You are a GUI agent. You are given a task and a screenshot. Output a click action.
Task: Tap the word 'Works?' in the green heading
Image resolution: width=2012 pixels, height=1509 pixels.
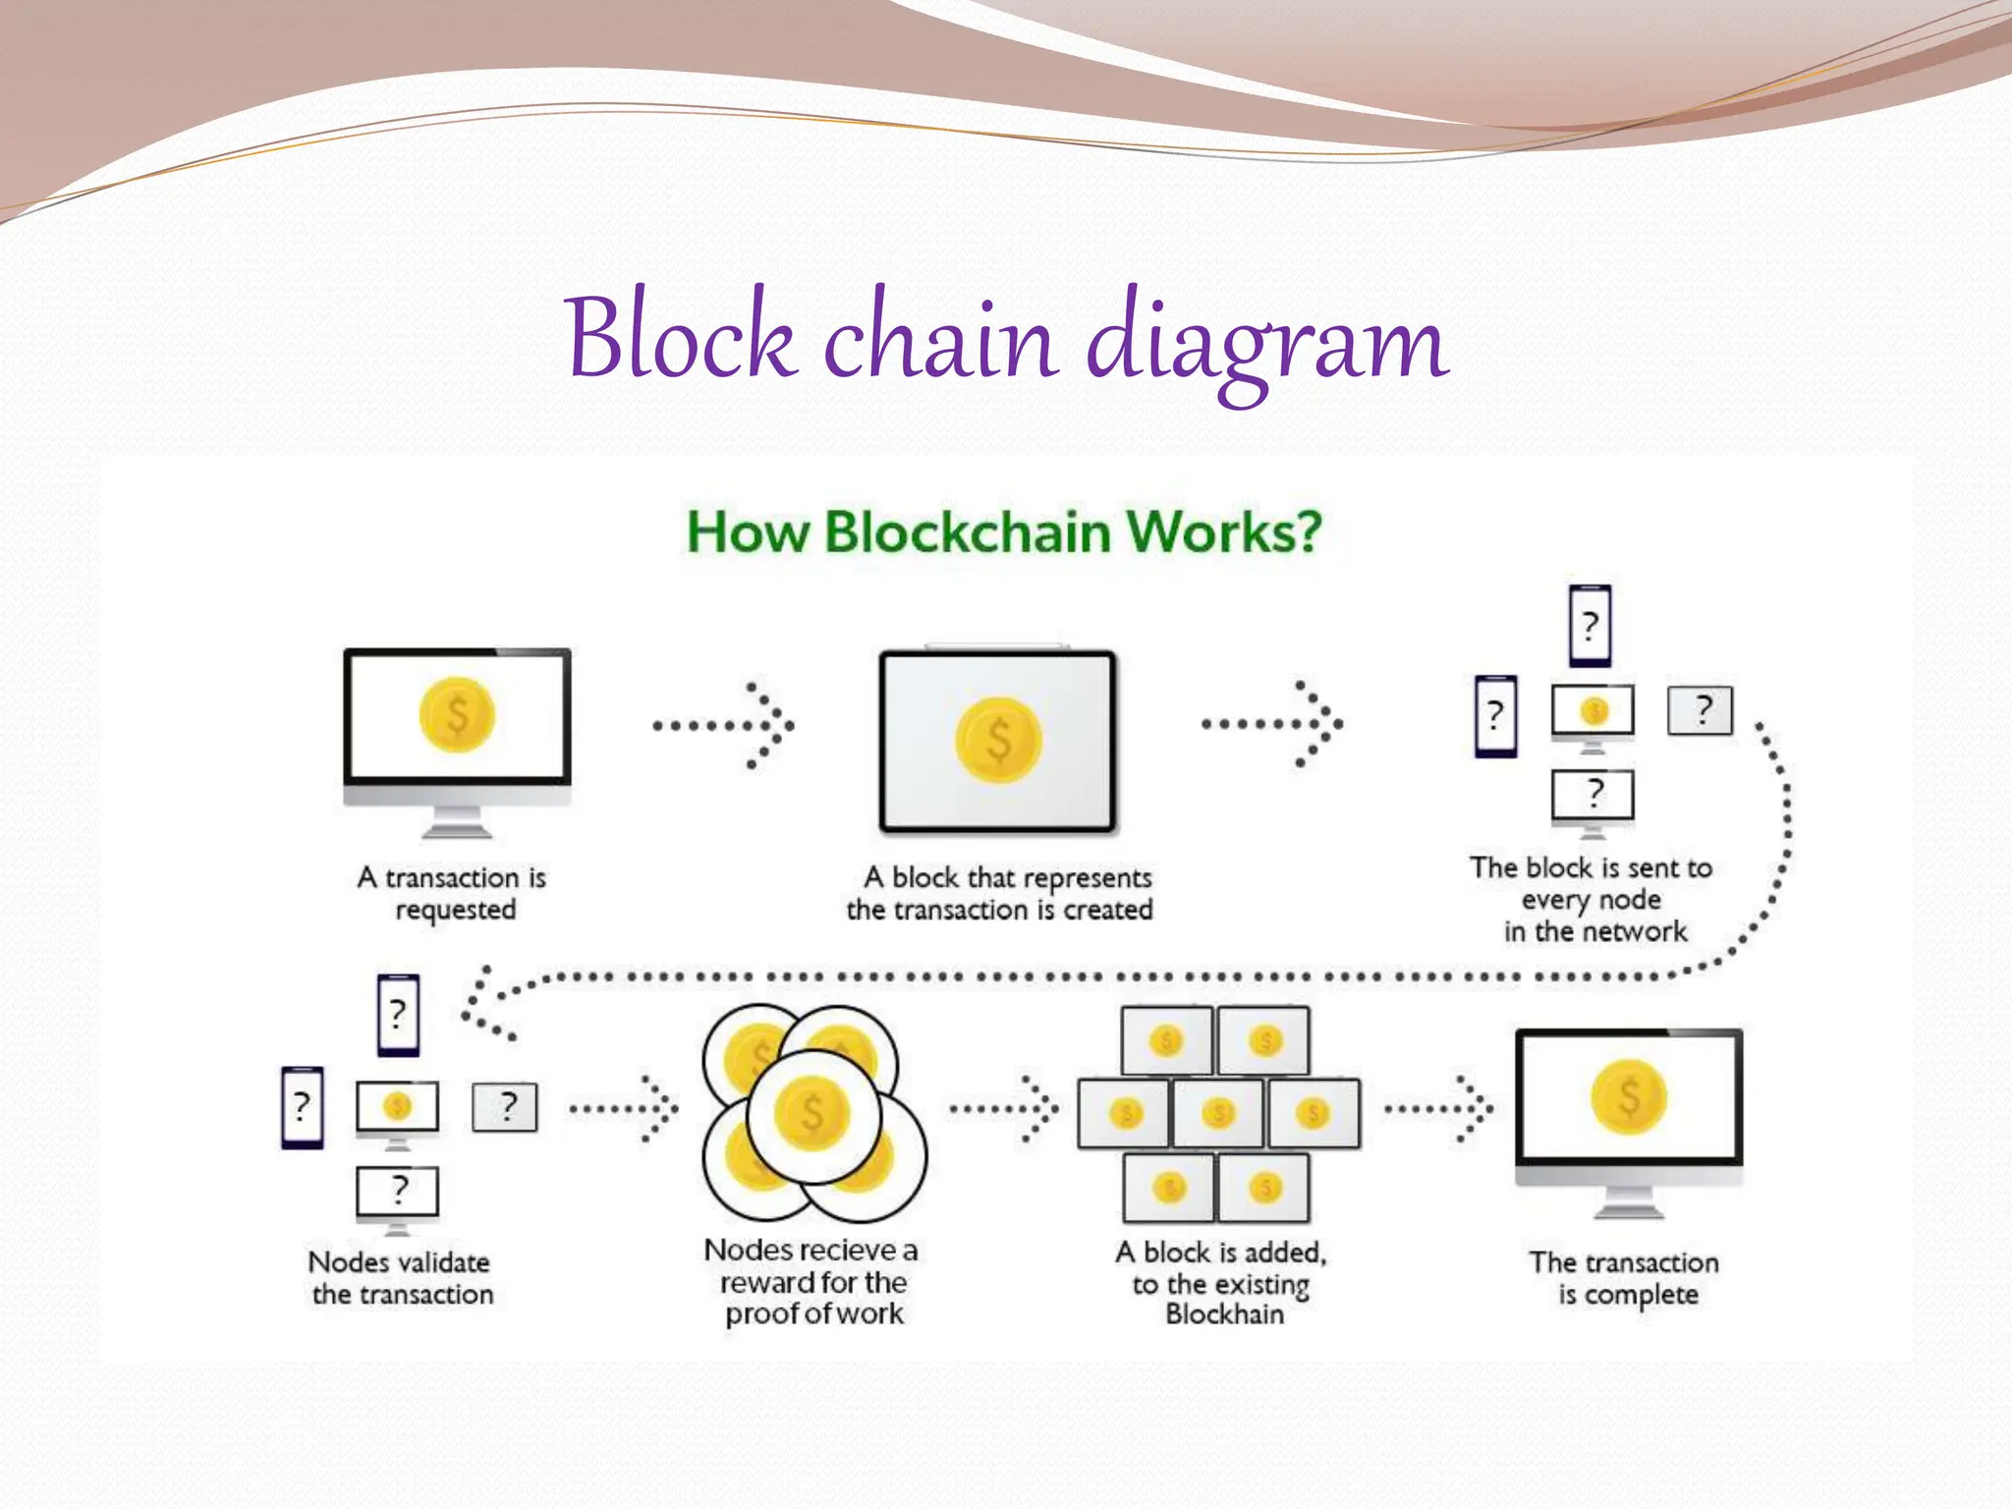1223,532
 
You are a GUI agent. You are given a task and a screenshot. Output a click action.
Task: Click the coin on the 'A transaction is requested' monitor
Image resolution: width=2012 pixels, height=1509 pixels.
457,715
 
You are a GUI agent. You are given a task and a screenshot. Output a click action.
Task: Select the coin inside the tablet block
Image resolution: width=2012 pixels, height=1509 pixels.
998,740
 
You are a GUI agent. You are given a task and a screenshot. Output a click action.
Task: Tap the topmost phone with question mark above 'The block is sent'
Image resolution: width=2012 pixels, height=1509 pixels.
1590,626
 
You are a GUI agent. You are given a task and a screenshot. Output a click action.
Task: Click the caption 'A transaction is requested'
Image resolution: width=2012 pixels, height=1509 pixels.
453,892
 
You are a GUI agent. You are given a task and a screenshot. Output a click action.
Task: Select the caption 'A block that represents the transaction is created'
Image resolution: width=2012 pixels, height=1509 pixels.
1000,893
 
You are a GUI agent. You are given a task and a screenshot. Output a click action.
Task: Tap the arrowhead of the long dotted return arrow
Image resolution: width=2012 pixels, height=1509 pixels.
481,1002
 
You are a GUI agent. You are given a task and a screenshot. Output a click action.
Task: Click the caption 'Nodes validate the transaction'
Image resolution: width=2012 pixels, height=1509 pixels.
401,1277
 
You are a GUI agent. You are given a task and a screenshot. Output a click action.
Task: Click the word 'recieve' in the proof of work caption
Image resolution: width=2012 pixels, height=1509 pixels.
839,1251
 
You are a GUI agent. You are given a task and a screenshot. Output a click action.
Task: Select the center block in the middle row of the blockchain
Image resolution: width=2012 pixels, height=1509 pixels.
1218,1113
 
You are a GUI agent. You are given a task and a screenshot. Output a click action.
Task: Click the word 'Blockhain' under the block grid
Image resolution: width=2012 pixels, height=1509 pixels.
1224,1314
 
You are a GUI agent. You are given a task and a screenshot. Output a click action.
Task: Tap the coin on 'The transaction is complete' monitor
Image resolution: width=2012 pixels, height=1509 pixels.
1629,1096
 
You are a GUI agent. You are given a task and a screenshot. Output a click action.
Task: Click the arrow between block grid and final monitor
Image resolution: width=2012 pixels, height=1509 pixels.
1440,1110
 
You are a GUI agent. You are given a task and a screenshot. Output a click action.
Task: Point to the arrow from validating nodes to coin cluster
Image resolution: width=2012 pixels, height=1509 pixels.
625,1110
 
